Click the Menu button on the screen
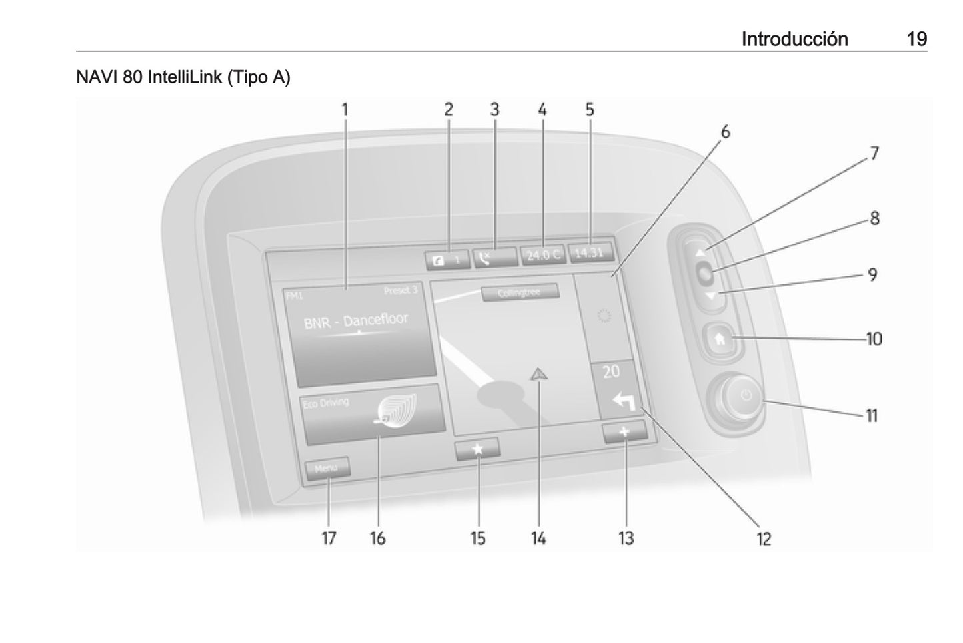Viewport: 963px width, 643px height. [x=327, y=468]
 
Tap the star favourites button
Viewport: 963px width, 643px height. [x=477, y=449]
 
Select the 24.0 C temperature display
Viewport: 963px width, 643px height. [x=542, y=254]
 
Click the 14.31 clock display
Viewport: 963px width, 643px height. [x=589, y=252]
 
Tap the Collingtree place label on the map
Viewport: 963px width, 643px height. [x=519, y=293]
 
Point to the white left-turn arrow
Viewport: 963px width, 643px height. [x=622, y=401]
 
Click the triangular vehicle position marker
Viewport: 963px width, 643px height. [x=537, y=375]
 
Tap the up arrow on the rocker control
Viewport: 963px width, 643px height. [x=700, y=253]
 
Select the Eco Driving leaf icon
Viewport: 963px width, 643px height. [x=397, y=409]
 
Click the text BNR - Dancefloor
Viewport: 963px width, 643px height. [x=355, y=321]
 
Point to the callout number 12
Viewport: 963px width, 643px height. [x=764, y=538]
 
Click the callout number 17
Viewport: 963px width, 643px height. [x=329, y=538]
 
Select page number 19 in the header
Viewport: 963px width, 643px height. [x=916, y=39]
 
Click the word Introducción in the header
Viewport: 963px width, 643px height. [x=794, y=39]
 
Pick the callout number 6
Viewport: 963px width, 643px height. [x=725, y=132]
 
